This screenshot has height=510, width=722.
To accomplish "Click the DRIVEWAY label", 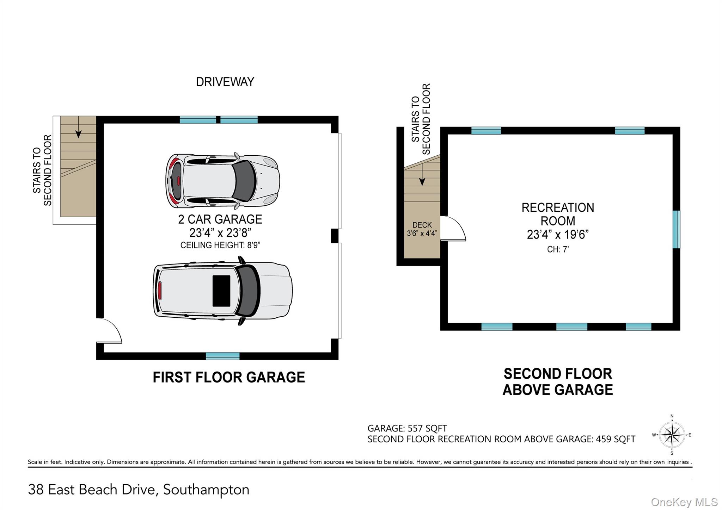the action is (x=225, y=82).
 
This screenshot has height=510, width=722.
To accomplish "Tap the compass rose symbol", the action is (x=672, y=435).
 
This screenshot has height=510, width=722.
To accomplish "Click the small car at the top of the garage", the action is (x=223, y=181).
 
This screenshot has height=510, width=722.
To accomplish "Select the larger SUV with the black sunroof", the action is (x=223, y=291).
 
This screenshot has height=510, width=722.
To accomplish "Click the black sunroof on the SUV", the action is (x=221, y=291).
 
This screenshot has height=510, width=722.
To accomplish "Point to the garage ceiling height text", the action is (x=220, y=245).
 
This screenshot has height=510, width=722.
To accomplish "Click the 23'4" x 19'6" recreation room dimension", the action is (x=558, y=234).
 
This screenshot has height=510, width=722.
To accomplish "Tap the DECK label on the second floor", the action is (x=422, y=225).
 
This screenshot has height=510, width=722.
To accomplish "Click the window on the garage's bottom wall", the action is (x=222, y=356).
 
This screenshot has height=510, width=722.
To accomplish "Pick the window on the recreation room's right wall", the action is (x=676, y=229).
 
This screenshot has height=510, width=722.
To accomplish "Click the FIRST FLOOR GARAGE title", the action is (x=229, y=377).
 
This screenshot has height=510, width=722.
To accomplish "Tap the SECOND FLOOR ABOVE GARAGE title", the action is (x=558, y=382).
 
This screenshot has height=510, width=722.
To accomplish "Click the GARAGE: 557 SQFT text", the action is (x=407, y=428).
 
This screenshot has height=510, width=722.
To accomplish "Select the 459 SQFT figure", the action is (x=616, y=439).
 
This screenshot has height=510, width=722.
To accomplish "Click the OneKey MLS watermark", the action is (x=684, y=502).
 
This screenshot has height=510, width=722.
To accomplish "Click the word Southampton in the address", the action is (x=206, y=490).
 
